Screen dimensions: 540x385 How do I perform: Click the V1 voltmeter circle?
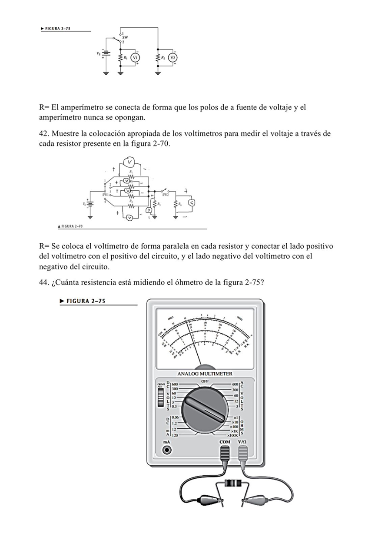(x=135, y=57)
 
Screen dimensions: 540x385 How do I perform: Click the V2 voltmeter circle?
(x=173, y=57)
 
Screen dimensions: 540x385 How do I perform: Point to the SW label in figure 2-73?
(x=125, y=38)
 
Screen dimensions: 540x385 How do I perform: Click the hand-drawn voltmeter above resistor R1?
(x=129, y=162)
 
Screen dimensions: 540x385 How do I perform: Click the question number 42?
(x=43, y=133)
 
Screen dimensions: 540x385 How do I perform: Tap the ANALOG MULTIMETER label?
(x=205, y=374)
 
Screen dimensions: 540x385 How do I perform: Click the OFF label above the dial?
(x=205, y=381)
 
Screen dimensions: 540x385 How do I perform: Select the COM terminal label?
(x=225, y=442)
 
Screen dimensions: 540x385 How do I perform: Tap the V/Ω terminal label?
(x=242, y=442)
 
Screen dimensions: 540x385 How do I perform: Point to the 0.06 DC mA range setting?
(x=176, y=417)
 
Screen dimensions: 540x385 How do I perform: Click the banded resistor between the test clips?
(x=233, y=482)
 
